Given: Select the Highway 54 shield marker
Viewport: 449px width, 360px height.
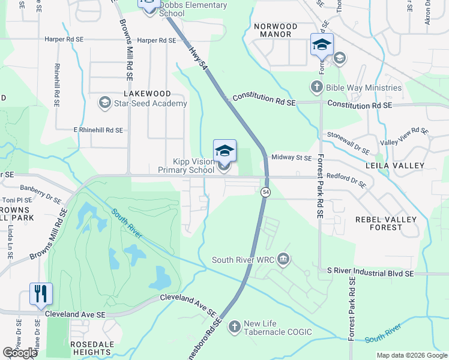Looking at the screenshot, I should [x=265, y=191].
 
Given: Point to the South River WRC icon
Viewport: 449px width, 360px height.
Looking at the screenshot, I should [x=283, y=260].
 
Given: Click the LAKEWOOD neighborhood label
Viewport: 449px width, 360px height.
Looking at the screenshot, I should [x=147, y=94].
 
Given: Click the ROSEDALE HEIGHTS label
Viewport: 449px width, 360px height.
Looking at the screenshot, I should [x=92, y=348].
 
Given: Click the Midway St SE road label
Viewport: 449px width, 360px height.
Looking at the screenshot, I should [x=292, y=158].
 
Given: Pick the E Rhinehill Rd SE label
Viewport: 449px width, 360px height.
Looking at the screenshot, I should [x=98, y=130].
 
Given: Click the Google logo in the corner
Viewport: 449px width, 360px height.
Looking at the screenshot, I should [x=20, y=353].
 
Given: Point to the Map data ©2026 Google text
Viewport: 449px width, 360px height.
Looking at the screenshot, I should [x=411, y=355].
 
